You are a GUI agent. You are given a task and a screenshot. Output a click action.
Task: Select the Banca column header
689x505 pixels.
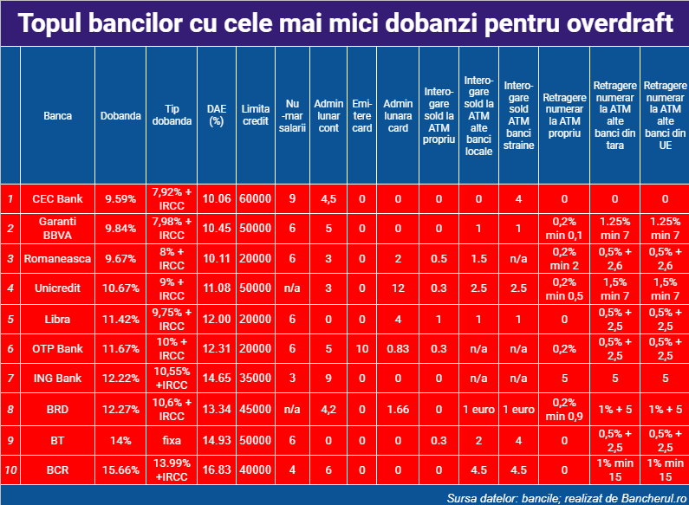pos(57,116)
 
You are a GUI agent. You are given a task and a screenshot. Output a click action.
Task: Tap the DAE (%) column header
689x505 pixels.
pos(217,115)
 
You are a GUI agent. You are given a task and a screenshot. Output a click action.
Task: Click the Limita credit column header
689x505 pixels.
pos(256,115)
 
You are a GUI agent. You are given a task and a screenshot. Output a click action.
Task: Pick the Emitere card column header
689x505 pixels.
pos(361,116)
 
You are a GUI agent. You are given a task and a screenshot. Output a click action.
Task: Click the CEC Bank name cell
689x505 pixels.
pos(57,199)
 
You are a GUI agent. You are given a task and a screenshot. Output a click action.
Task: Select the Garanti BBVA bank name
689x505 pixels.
pos(57,229)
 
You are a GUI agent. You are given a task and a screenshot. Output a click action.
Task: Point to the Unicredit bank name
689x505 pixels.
pos(57,288)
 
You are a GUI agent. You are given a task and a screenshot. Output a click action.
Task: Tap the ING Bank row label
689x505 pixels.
pos(57,378)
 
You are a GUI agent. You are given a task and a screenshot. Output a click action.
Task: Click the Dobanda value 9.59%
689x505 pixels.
pos(120,199)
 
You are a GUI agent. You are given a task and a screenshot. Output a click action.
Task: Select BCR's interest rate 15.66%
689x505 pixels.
pos(120,469)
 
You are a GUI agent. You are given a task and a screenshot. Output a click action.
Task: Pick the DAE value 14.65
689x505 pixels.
pos(217,378)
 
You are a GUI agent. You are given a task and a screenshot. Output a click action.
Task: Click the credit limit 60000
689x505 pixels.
pos(256,199)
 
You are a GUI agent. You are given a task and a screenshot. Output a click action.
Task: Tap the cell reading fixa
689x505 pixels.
pos(172,440)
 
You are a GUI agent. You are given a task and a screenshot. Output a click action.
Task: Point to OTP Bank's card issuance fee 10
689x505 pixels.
pos(361,349)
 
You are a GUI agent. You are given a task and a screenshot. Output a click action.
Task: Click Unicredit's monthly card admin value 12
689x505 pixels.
pos(398,288)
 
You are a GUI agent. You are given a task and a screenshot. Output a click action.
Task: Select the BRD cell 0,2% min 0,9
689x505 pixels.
pos(564,409)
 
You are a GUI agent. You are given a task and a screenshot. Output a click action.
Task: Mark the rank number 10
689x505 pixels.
pos(10,469)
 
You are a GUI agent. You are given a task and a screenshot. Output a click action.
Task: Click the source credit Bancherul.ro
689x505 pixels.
pos(653,498)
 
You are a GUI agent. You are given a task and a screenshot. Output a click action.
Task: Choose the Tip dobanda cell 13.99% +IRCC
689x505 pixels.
pos(172,469)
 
